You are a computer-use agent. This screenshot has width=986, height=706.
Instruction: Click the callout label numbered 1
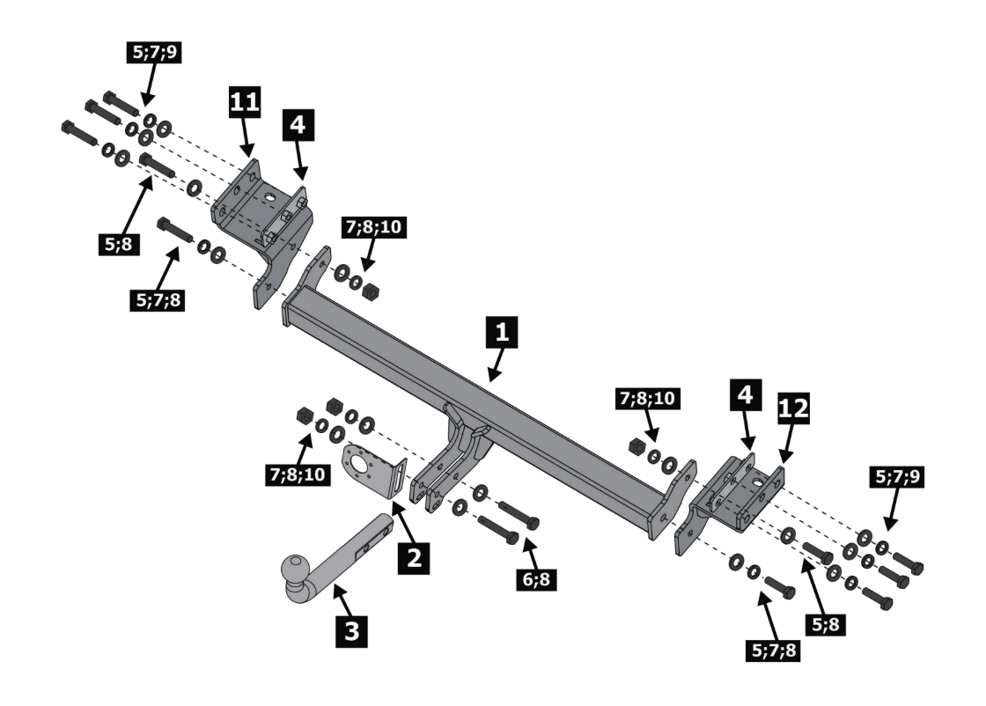[501, 333]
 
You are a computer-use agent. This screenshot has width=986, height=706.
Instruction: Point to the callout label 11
[244, 102]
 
